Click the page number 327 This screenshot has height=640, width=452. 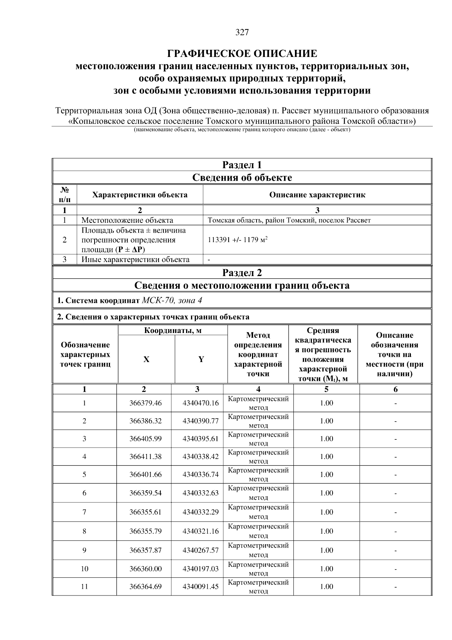pyautogui.click(x=242, y=32)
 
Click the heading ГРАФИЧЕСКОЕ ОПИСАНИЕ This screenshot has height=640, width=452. pyautogui.click(x=242, y=54)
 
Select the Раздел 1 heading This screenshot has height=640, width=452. pyautogui.click(x=242, y=165)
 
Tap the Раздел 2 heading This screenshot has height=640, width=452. pyautogui.click(x=242, y=273)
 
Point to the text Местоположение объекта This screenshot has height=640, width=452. pyautogui.click(x=127, y=220)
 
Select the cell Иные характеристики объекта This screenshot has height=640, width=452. pyautogui.click(x=135, y=259)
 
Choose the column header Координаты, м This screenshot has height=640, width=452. pyautogui.click(x=173, y=331)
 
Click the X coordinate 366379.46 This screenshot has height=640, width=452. pyautogui.click(x=145, y=403)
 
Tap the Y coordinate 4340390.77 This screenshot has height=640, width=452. pyautogui.click(x=200, y=421)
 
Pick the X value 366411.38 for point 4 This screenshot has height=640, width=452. pyautogui.click(x=145, y=457)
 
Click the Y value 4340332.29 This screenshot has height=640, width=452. pyautogui.click(x=200, y=512)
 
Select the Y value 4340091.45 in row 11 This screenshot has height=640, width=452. pyautogui.click(x=200, y=587)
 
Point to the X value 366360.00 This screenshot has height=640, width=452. pyautogui.click(x=145, y=569)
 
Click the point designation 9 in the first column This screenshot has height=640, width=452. pyautogui.click(x=84, y=550)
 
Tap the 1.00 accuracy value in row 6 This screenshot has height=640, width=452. pyautogui.click(x=327, y=493)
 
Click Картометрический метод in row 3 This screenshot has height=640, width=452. pyautogui.click(x=258, y=439)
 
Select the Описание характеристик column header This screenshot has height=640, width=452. pyautogui.click(x=317, y=195)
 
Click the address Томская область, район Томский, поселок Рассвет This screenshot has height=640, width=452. pyautogui.click(x=289, y=220)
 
